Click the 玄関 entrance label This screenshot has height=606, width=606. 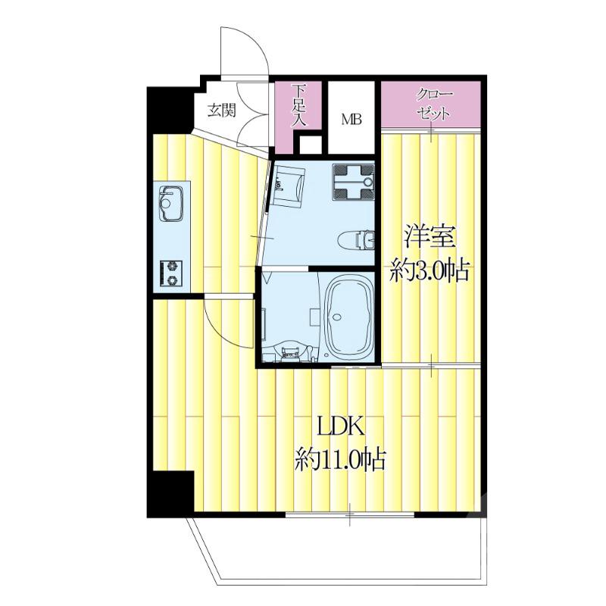[x=221, y=111]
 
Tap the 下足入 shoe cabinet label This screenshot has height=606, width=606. [x=298, y=105]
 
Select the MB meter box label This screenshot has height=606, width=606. [x=351, y=120]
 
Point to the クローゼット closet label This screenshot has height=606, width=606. [x=433, y=105]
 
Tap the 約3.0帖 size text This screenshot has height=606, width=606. [x=430, y=270]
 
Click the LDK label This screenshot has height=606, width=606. [x=340, y=426]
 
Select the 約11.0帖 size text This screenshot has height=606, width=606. [x=340, y=459]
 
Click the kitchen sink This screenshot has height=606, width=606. [x=171, y=204]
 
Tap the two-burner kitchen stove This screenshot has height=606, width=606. [x=171, y=273]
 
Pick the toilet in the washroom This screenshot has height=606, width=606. [x=356, y=240]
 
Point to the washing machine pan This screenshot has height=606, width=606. [x=353, y=182]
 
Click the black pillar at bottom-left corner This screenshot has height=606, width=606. [x=170, y=495]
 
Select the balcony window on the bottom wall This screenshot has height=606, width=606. [x=350, y=515]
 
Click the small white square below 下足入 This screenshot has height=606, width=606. [x=311, y=145]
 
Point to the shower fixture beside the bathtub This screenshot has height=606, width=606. [x=314, y=317]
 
